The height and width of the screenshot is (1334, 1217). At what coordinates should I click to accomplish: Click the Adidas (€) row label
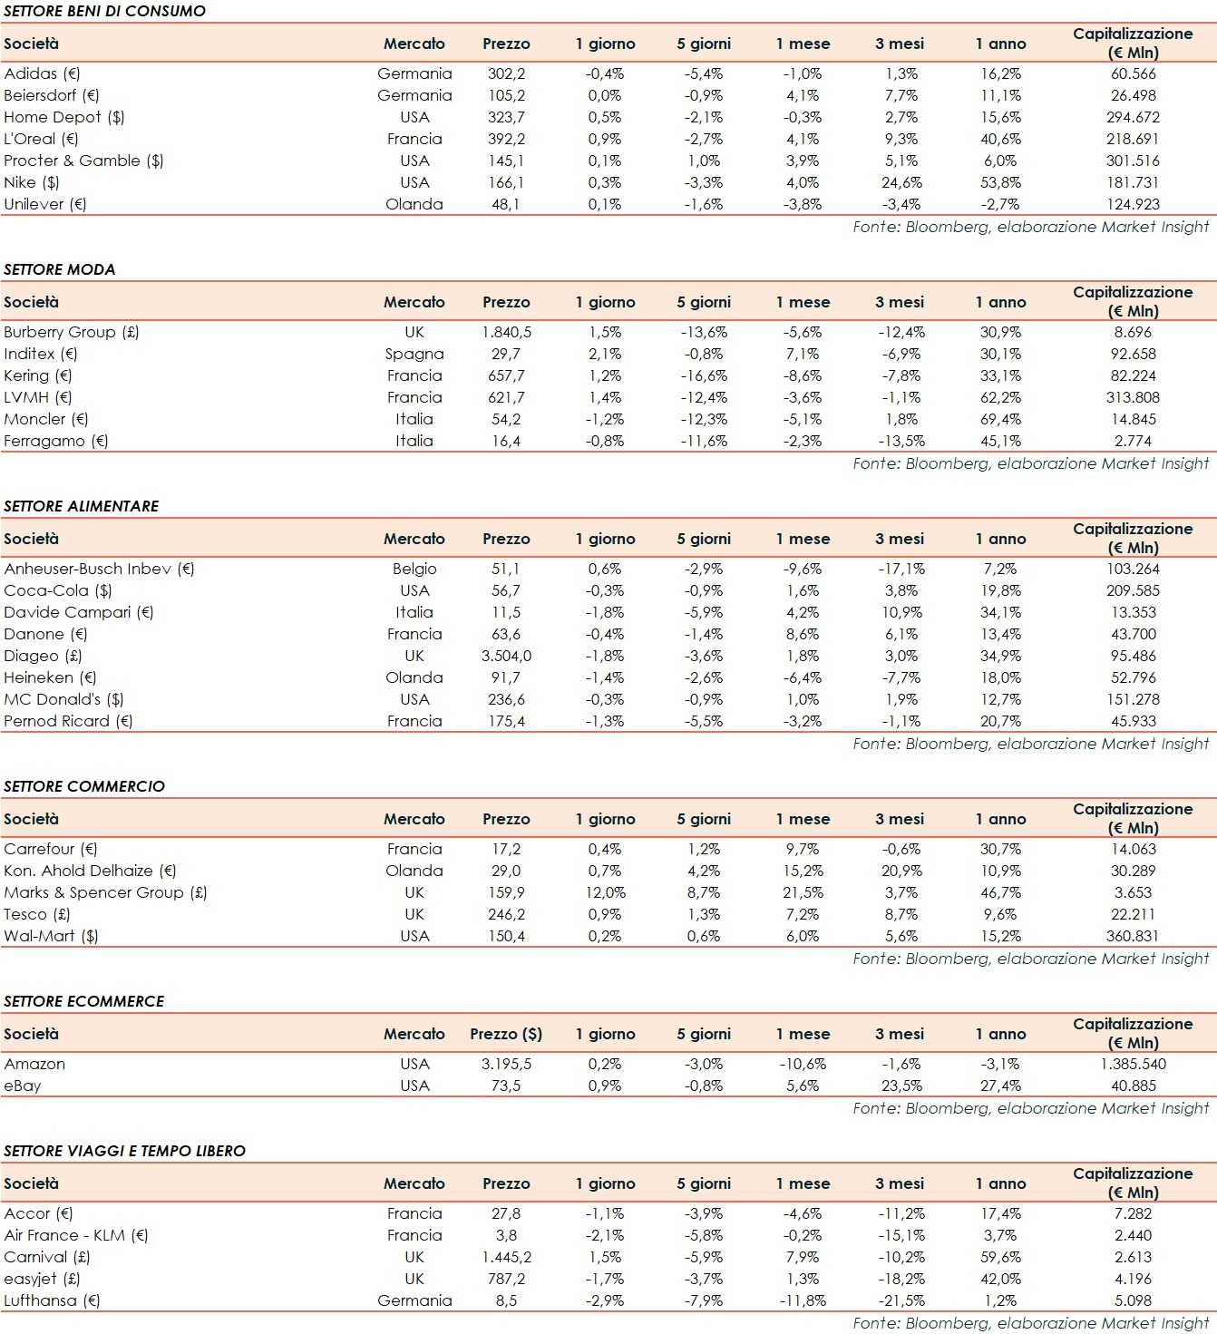click(x=42, y=73)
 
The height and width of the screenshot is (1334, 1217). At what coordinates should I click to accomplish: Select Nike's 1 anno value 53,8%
click(x=1000, y=182)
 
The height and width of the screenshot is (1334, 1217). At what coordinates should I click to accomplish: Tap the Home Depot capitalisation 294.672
click(x=1133, y=117)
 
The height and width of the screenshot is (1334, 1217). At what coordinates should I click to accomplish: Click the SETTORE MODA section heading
click(x=60, y=269)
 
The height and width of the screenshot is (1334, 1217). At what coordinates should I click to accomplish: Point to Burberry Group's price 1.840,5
click(x=506, y=332)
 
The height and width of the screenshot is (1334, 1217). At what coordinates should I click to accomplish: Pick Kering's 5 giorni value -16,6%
click(x=704, y=375)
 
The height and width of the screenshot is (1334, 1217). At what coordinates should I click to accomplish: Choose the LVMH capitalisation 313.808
click(x=1133, y=397)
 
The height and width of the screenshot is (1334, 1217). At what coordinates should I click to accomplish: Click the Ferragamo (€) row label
click(x=56, y=441)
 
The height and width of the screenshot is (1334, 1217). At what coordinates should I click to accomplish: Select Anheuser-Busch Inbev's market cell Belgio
click(x=414, y=569)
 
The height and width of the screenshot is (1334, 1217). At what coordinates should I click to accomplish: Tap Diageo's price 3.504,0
click(x=506, y=656)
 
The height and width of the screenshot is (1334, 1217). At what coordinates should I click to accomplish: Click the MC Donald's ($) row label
click(x=63, y=699)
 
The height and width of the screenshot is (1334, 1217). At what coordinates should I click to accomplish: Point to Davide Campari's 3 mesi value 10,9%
click(x=901, y=612)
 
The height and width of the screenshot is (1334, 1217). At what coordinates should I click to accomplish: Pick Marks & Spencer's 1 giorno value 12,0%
click(x=605, y=892)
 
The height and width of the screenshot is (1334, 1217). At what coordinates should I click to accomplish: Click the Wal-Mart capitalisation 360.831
click(x=1133, y=936)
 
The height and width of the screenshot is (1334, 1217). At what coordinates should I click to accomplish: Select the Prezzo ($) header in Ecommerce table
click(x=506, y=1034)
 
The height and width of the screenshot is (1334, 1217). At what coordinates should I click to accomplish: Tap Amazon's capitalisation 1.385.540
click(x=1133, y=1064)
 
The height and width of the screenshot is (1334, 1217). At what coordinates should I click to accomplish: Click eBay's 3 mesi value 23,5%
click(x=901, y=1086)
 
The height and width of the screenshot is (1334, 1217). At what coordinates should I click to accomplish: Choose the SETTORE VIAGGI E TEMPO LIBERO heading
click(x=124, y=1151)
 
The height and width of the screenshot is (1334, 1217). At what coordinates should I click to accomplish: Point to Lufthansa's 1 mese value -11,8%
click(x=803, y=1300)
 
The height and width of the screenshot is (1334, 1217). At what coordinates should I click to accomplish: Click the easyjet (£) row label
click(x=42, y=1279)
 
